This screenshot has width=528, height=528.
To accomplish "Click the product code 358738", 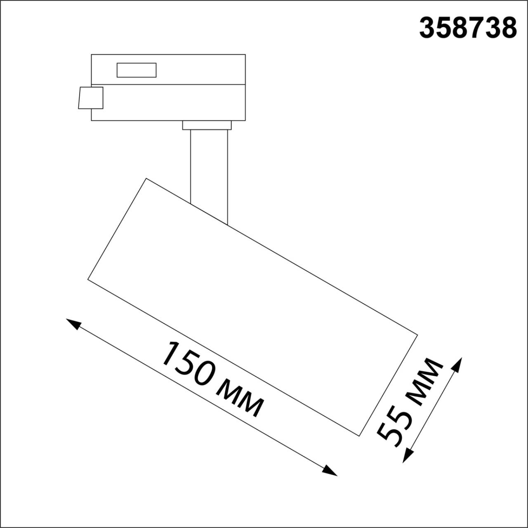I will point(468,28).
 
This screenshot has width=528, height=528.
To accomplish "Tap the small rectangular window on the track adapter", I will point(137,70).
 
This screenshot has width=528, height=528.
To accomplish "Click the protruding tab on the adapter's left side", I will point(90,98).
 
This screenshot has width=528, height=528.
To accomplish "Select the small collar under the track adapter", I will point(207,125).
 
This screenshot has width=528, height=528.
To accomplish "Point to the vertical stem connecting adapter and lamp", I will point(209,173).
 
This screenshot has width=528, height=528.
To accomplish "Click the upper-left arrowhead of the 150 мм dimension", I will point(73,323).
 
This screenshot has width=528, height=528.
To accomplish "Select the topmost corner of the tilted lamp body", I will point(146,178).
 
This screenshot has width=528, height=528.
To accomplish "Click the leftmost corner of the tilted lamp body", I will point(88,279).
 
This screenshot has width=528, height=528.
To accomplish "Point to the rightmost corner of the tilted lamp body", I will point(417,334).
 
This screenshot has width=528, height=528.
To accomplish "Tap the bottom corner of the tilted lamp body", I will point(359,435).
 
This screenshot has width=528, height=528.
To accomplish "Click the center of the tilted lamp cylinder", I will point(252,306).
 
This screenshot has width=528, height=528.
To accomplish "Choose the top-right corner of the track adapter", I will point(245,54).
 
